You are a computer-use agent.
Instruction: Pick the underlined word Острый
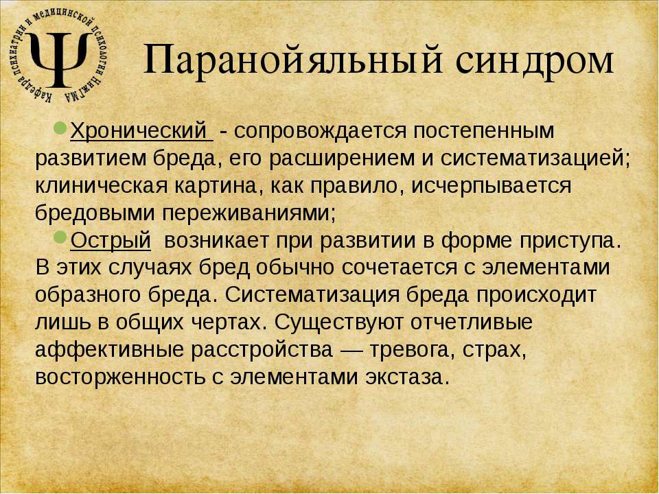click(x=111, y=241)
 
